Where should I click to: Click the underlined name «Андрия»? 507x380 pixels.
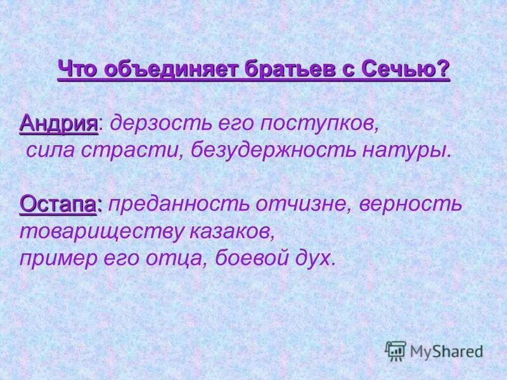point(59,123)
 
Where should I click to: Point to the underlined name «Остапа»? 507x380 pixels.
point(60,204)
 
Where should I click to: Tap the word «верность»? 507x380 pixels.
point(411,204)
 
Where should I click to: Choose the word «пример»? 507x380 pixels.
point(56,258)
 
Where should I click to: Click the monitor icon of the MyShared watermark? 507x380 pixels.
point(395,350)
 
